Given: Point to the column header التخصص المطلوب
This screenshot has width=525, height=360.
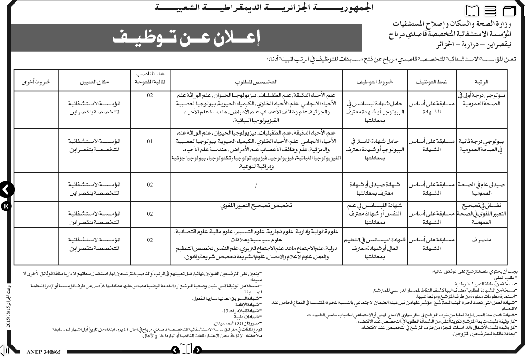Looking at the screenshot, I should tap(256, 81).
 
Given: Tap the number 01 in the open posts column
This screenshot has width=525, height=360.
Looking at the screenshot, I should tap(150, 141).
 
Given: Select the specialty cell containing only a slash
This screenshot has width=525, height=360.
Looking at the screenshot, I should tap(256, 186).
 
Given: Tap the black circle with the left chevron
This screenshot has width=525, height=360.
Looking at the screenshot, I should tap(6, 189).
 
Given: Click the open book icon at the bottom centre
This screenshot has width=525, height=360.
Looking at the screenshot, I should tap(186, 350).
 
